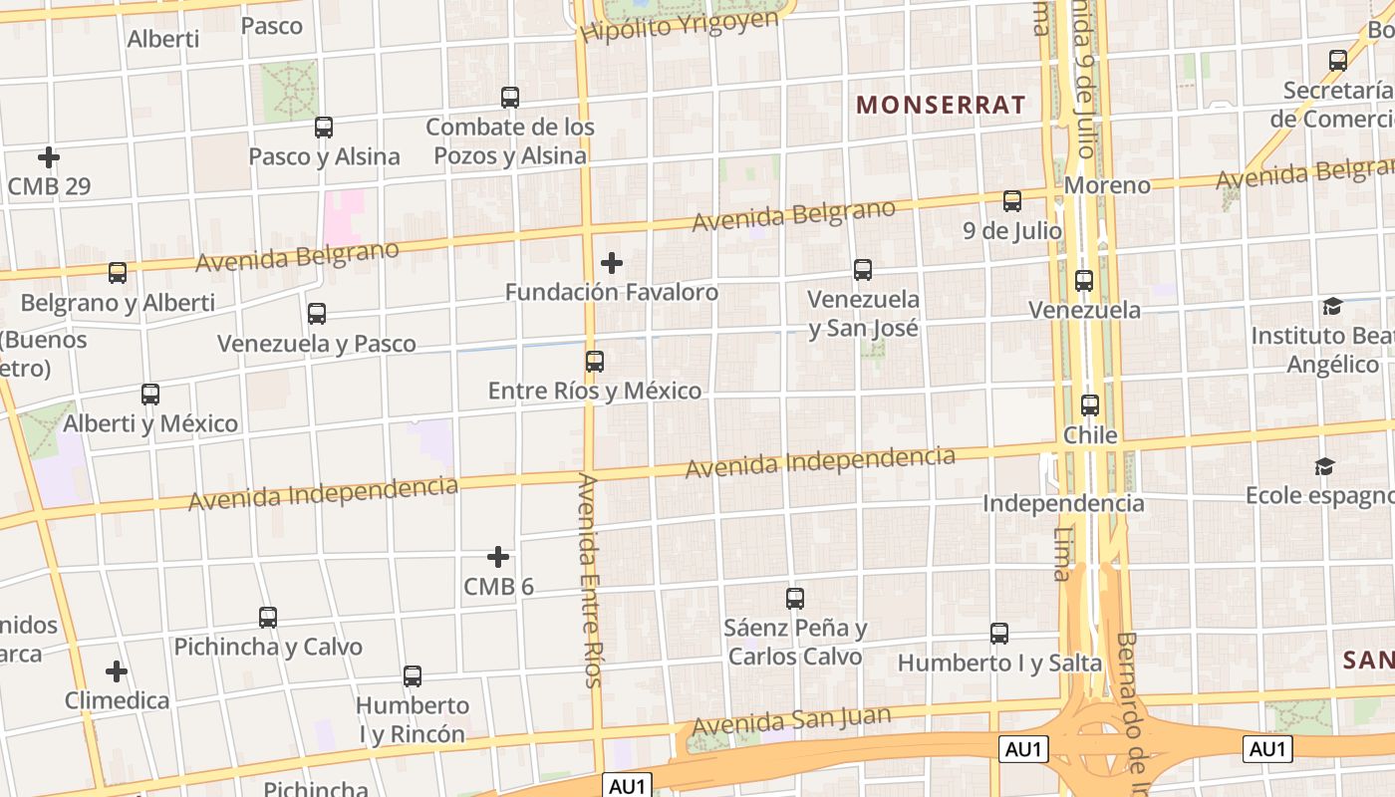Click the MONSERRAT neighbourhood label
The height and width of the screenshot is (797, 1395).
pyautogui.click(x=941, y=105)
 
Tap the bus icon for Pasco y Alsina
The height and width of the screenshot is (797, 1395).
pyautogui.click(x=324, y=128)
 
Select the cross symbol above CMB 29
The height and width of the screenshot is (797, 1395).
pyautogui.click(x=48, y=157)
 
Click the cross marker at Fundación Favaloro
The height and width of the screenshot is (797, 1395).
pyautogui.click(x=612, y=263)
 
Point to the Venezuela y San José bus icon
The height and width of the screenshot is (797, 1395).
pyautogui.click(x=863, y=269)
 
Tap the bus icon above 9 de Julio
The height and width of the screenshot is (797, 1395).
pyautogui.click(x=1012, y=201)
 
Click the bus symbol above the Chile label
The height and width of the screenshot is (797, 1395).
pyautogui.click(x=1090, y=405)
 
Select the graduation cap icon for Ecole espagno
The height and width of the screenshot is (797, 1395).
pyautogui.click(x=1324, y=466)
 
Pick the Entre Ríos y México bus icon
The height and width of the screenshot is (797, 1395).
pyautogui.click(x=595, y=361)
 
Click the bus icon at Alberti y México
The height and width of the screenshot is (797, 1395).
pyautogui.click(x=150, y=395)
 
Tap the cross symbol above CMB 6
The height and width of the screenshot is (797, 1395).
pyautogui.click(x=498, y=557)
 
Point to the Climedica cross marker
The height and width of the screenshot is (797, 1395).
pyautogui.click(x=117, y=671)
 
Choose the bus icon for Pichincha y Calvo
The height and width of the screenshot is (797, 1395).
pyautogui.click(x=268, y=617)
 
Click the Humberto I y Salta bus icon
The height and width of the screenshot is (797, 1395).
pyautogui.click(x=999, y=633)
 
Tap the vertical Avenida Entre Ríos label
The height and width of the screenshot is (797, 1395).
pyautogui.click(x=590, y=580)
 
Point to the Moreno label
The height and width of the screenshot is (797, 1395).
pyautogui.click(x=1107, y=185)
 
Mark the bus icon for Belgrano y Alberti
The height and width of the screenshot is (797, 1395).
pyautogui.click(x=118, y=273)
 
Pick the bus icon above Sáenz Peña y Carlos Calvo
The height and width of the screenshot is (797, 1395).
pyautogui.click(x=795, y=599)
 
